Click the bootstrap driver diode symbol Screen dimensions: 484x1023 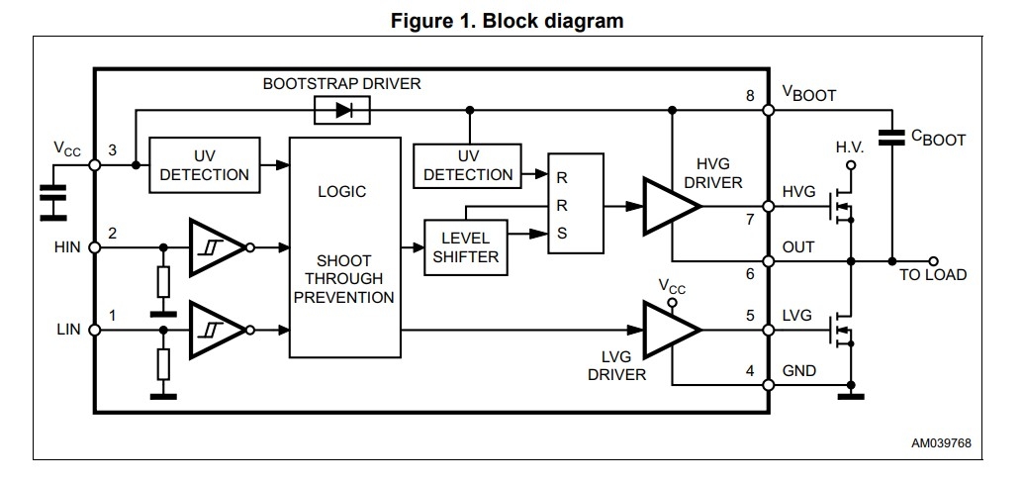coord(341,111)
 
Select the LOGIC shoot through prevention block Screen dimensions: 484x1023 coord(344,247)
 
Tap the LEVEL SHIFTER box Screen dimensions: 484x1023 coord(465,247)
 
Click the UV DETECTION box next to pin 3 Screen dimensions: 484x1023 coord(205,165)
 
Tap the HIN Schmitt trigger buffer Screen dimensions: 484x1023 coord(216,247)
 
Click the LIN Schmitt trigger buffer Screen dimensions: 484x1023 coord(216,329)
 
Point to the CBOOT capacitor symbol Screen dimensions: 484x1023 coord(892,139)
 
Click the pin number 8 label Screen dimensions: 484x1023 coord(751,96)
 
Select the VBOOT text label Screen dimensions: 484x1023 coord(809,95)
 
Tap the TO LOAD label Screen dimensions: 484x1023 coord(933,274)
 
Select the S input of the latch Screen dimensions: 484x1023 coord(562,235)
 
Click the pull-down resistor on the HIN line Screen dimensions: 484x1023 coord(163,282)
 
